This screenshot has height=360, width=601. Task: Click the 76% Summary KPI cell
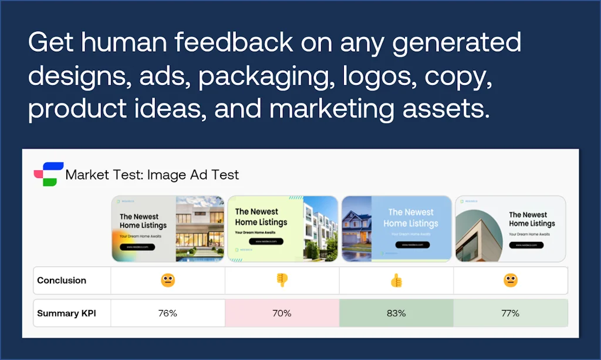(167, 313)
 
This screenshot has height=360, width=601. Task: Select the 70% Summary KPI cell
(282, 313)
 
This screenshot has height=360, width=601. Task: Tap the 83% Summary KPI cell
(396, 313)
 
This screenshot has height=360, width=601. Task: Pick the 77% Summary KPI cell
(511, 313)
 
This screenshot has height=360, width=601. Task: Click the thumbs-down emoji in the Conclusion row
(282, 280)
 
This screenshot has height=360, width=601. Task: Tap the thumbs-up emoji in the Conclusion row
(397, 281)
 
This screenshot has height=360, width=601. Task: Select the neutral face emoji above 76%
(167, 280)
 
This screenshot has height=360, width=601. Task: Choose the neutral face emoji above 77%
(511, 280)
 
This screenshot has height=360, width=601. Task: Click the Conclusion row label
(62, 280)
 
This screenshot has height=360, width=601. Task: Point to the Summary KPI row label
(66, 313)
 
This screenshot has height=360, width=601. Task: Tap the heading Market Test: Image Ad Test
(152, 174)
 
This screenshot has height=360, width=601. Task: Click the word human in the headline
(120, 43)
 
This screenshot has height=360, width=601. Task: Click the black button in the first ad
(137, 247)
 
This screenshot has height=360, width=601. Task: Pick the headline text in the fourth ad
(531, 219)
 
